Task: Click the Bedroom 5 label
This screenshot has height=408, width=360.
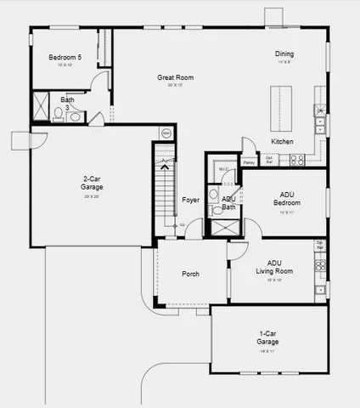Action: [65, 58]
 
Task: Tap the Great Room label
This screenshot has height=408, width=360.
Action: [175, 78]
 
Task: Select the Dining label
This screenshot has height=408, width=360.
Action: [284, 55]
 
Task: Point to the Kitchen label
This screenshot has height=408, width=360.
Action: [283, 140]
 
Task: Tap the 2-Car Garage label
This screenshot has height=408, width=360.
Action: [91, 183]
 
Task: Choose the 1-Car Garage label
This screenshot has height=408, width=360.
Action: [267, 337]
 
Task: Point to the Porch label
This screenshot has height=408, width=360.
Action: [190, 274]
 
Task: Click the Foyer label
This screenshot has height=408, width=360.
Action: [190, 201]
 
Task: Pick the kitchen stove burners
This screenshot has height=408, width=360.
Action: [298, 158]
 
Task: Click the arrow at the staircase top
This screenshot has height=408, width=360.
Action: [164, 167]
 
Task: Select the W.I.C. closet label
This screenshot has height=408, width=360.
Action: [223, 169]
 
